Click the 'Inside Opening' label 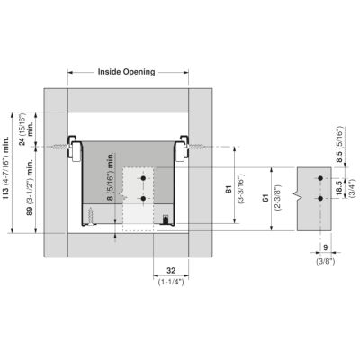pos(126,72)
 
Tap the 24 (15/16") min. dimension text pos(26,129)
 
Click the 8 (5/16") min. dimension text pos(111,176)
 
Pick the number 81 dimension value pos(229,190)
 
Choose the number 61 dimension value pos(265,198)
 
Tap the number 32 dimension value pos(171,271)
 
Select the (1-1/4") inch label pos(171,282)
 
